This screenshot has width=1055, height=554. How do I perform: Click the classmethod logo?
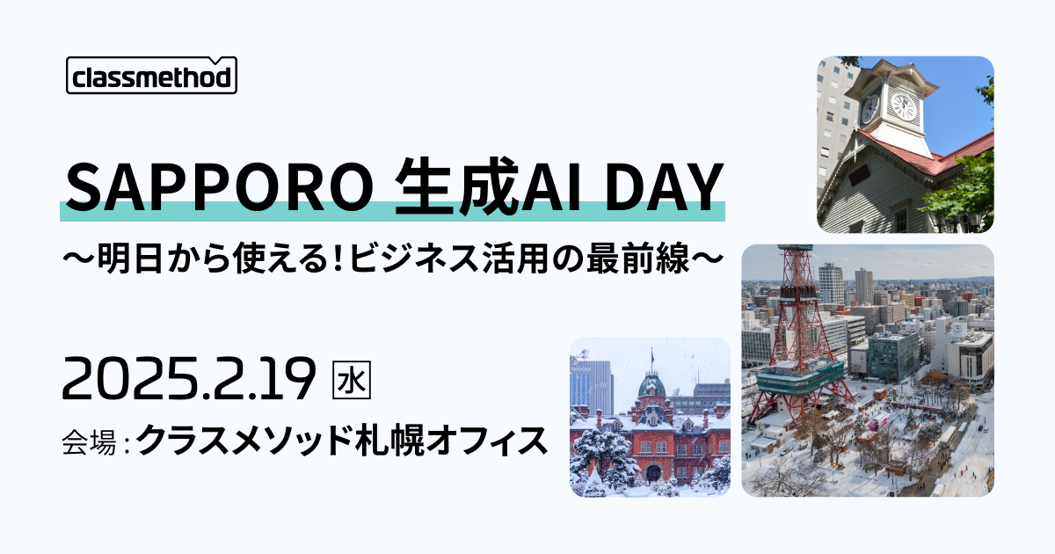click(x=151, y=76)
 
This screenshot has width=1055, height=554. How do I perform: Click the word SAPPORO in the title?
click(x=220, y=187)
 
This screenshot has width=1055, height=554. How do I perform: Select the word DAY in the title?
click(x=664, y=187)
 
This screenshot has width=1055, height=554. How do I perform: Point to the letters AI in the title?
click(x=551, y=187)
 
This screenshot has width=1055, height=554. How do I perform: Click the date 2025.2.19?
click(x=188, y=378)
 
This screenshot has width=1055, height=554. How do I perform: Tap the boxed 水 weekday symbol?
click(x=352, y=380)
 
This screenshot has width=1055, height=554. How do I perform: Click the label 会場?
click(x=89, y=441)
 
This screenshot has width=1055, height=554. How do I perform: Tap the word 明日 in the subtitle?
click(x=127, y=259)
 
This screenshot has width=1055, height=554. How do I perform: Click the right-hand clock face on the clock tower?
click(x=904, y=107)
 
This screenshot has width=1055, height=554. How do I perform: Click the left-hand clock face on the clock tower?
click(x=869, y=109)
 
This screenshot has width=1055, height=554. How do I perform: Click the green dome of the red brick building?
click(x=651, y=387)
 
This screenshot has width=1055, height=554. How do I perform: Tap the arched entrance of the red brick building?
click(x=653, y=472)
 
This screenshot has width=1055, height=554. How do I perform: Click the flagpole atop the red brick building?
click(x=651, y=360)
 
